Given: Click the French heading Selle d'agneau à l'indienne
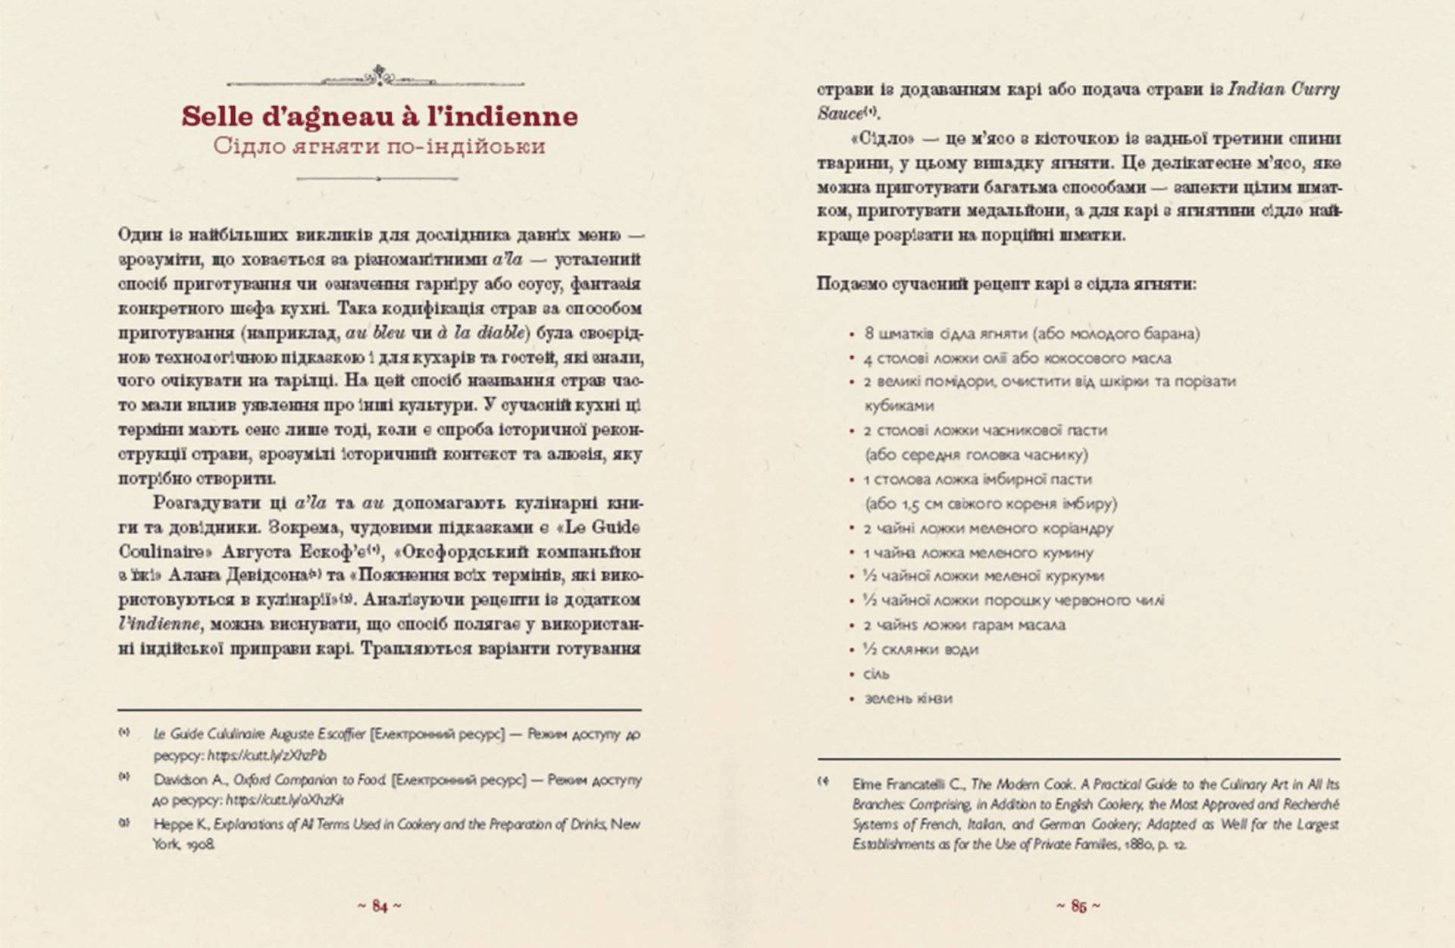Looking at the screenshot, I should pos(379,116).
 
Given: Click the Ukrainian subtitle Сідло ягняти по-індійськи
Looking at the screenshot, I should pos(379,145).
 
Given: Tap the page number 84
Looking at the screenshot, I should pos(380,906).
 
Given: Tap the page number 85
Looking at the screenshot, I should pos(1078,906).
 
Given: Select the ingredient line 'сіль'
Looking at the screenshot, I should pos(877,674).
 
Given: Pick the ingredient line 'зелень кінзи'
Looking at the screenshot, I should pos(908,698).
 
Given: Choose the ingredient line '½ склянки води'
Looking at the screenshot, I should pos(920,649).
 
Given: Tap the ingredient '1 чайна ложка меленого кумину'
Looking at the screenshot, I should pos(978,552).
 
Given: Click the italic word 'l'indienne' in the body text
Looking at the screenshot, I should pos(159,624).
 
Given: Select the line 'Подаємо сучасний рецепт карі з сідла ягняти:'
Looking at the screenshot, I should pos(1006,284).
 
